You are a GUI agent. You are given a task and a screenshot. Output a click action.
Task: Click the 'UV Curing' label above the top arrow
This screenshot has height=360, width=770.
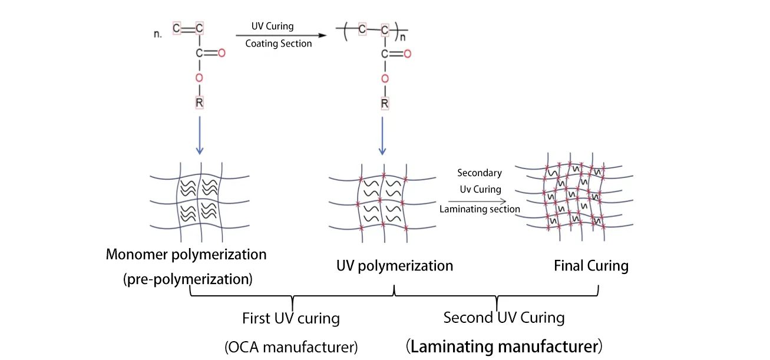click(x=272, y=27)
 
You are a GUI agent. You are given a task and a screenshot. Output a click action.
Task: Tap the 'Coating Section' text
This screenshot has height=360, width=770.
click(x=278, y=43)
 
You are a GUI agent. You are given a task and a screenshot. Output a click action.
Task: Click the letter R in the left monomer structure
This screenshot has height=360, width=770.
click(x=199, y=104)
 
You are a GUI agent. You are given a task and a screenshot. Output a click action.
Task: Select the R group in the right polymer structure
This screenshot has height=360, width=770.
click(x=385, y=104)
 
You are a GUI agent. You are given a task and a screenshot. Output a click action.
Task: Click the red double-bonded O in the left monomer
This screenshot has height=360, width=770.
click(x=222, y=54)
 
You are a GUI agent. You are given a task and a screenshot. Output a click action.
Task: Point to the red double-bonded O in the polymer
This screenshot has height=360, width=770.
click(x=407, y=54)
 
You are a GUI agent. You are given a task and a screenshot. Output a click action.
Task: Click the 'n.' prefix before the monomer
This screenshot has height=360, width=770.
click(x=157, y=34)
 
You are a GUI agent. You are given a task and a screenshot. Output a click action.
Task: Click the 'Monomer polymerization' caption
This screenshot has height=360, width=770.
click(x=186, y=255)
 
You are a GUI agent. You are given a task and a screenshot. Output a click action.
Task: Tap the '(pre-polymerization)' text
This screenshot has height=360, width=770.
click(x=188, y=279)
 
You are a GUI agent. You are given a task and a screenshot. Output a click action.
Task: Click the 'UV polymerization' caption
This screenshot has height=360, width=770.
click(x=394, y=266)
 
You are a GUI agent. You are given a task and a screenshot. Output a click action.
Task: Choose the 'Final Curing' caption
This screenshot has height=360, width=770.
click(x=591, y=266)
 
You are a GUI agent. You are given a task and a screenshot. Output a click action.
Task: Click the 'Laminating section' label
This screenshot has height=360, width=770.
click(x=480, y=209)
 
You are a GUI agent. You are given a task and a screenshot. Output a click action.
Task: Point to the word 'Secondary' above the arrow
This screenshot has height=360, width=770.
click(x=480, y=173)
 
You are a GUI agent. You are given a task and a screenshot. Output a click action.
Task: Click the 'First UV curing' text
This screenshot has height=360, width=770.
click(x=291, y=319)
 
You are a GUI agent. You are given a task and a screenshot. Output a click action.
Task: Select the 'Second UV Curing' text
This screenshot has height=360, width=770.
click(x=504, y=318)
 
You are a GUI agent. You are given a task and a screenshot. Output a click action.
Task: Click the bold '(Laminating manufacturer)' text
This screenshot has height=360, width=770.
click(x=504, y=345)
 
